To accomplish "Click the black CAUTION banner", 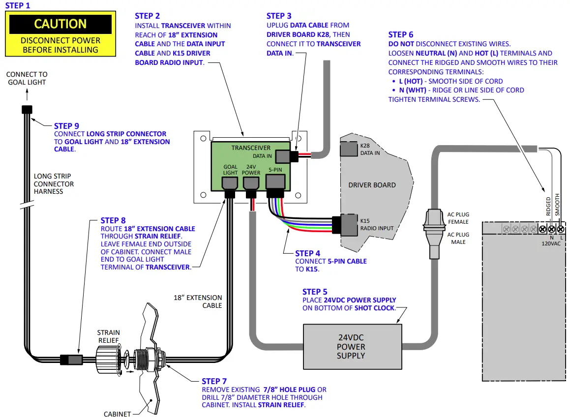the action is point(60,24).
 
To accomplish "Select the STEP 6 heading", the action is point(401,34).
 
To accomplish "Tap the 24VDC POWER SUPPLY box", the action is point(353,347).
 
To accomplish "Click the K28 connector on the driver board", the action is point(349,149).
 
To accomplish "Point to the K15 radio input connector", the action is point(349,225).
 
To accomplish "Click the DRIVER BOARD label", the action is point(372,185).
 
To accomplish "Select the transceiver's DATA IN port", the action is point(283,156).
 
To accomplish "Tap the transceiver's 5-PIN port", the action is point(275,181).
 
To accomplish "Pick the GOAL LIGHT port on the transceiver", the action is point(230,183).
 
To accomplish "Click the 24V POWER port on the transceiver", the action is point(251,183).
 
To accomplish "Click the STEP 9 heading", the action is point(66,126).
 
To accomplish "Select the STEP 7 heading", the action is point(214,381).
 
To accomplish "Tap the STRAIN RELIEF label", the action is point(108,336).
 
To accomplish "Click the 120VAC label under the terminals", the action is point(551,243).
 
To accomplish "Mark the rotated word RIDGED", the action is point(548,206).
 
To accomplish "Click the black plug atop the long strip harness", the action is point(27,110).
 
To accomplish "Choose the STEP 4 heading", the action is point(307,253).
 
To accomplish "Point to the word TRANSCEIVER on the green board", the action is point(251,148).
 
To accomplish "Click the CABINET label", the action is point(117,414).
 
